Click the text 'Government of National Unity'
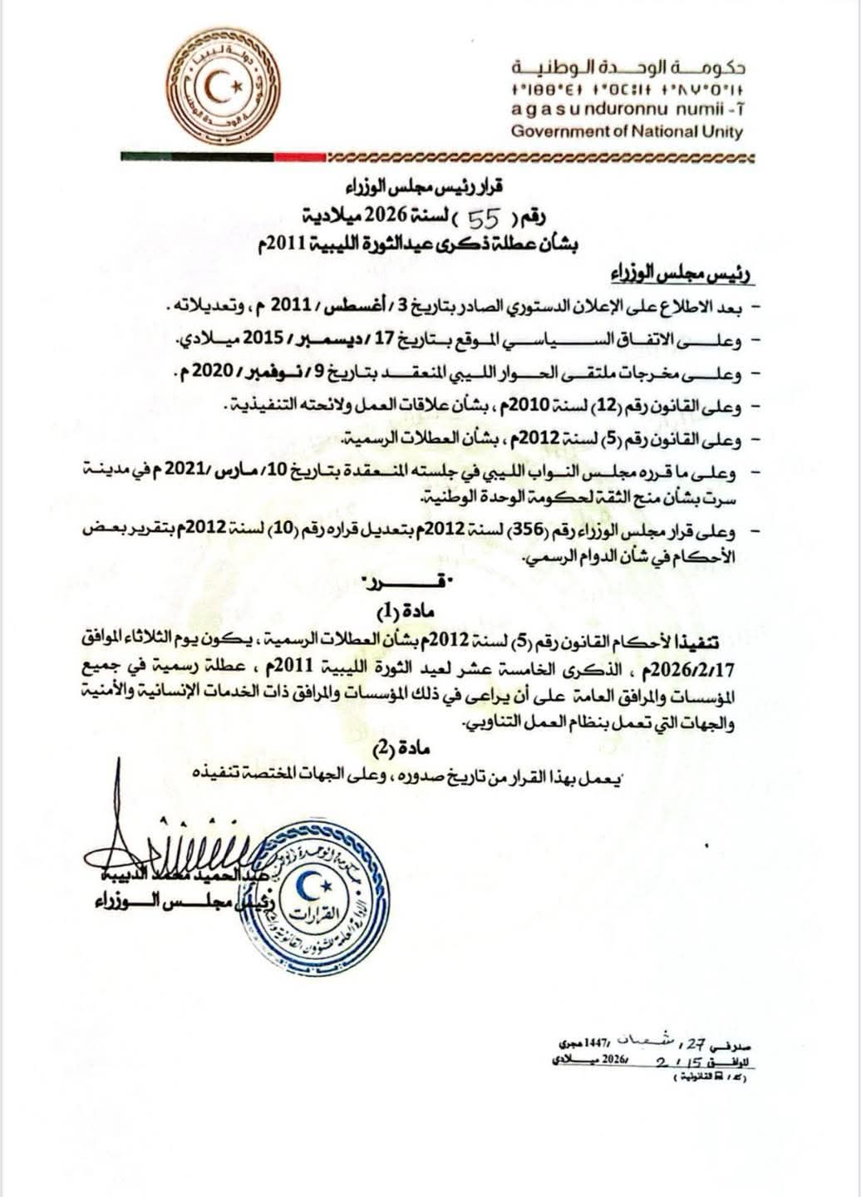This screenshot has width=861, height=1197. (x=627, y=131)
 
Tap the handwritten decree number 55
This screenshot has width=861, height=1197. (x=485, y=219)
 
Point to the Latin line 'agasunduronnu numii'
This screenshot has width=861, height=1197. (x=627, y=111)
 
